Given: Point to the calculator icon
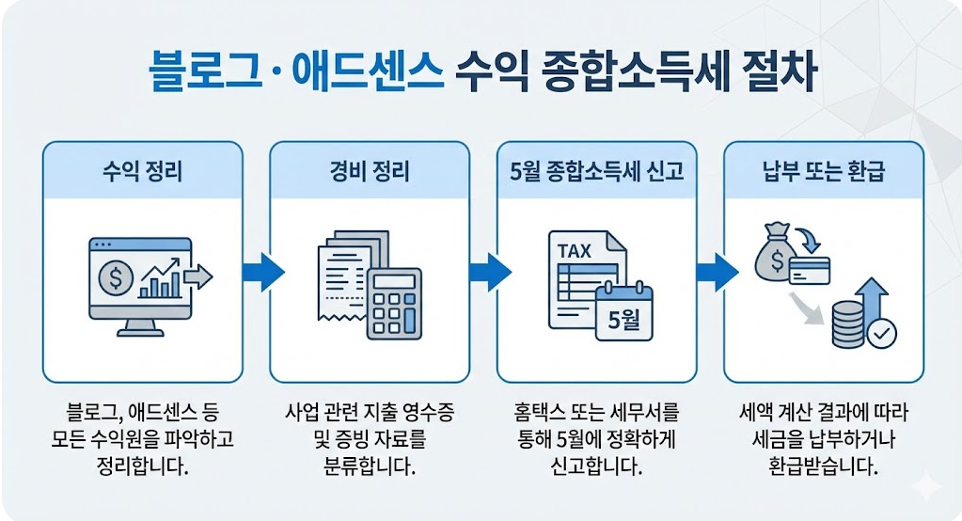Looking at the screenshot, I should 394,300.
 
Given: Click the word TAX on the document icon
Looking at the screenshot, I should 575,252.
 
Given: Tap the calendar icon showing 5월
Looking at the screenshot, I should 623,310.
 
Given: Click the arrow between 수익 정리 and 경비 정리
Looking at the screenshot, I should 263,273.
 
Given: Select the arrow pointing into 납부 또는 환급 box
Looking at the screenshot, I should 717,273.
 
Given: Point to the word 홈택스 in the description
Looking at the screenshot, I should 540,414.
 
